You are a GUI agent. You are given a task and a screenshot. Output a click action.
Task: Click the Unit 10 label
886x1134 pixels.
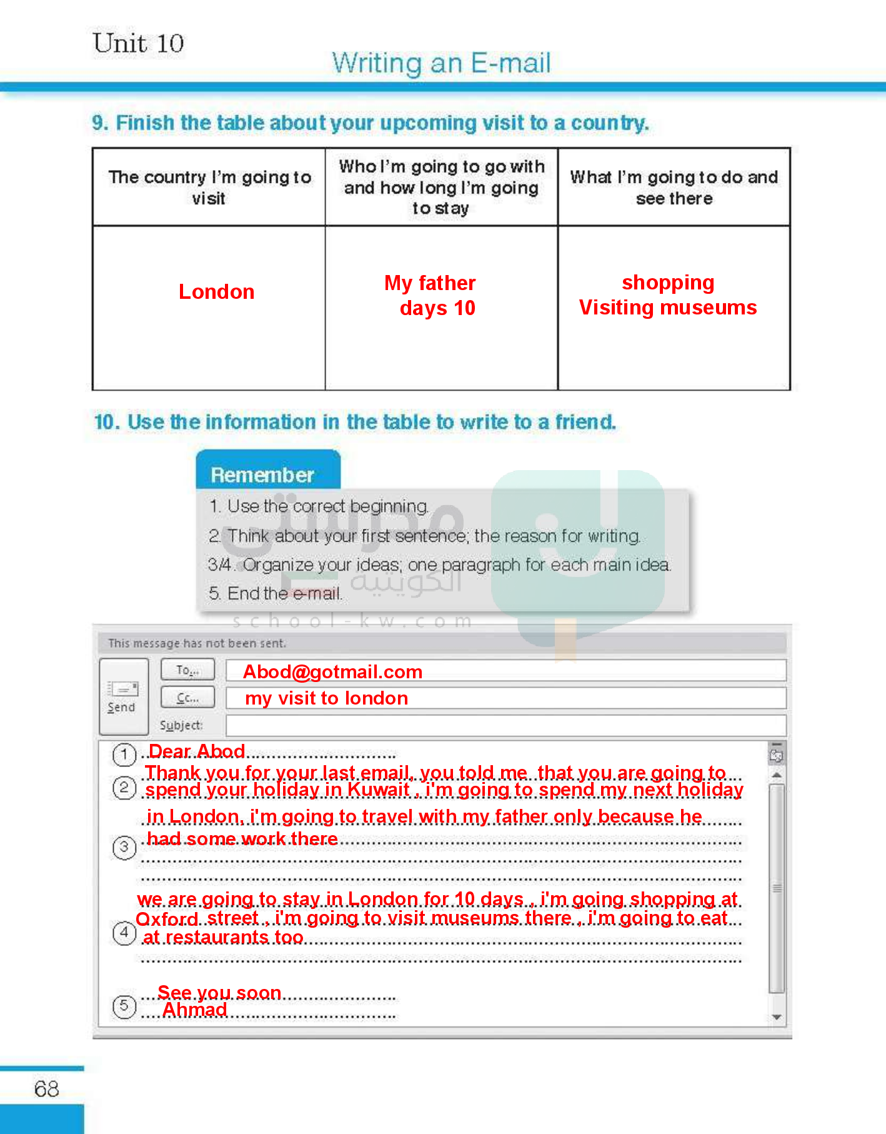pyautogui.click(x=138, y=44)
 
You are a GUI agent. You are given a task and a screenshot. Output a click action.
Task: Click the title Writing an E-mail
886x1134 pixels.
pyautogui.click(x=441, y=63)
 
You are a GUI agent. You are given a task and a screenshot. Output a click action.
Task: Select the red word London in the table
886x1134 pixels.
pyautogui.click(x=216, y=292)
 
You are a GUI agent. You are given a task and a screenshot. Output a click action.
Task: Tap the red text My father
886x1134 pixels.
pyautogui.click(x=430, y=283)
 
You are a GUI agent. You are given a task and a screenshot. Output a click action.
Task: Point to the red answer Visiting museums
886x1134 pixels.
pyautogui.click(x=667, y=308)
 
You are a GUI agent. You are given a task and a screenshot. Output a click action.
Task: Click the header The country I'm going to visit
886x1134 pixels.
pyautogui.click(x=209, y=188)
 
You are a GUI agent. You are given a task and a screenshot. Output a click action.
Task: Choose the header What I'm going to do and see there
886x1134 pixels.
pyautogui.click(x=674, y=188)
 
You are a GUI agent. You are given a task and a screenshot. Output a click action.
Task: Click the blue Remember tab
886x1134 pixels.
pyautogui.click(x=262, y=474)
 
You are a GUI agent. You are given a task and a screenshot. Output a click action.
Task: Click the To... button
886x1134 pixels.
pyautogui.click(x=187, y=670)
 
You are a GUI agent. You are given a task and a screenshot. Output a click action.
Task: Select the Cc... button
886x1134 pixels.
pyautogui.click(x=187, y=698)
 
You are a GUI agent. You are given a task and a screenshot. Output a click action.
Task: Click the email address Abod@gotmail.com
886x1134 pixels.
pyautogui.click(x=332, y=672)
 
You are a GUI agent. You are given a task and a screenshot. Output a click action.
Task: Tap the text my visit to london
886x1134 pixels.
pyautogui.click(x=326, y=698)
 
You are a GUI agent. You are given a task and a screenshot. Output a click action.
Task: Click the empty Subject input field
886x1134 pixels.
pyautogui.click(x=505, y=726)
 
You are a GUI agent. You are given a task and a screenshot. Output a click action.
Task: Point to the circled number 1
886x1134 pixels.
pyautogui.click(x=124, y=755)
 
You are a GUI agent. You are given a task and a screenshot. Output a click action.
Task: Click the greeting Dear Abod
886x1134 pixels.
pyautogui.click(x=197, y=751)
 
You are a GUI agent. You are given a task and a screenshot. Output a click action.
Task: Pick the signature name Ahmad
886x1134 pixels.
pyautogui.click(x=194, y=1010)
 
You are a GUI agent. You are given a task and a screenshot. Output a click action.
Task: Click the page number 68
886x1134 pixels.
pyautogui.click(x=47, y=1089)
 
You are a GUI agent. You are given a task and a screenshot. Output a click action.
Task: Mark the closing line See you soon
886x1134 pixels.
pyautogui.click(x=219, y=993)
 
